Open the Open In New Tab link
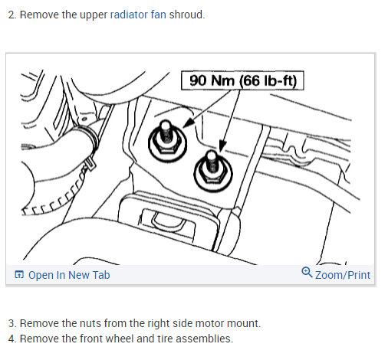coord(68,275)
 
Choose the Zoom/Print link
coord(342,275)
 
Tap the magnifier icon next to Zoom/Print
coord(307,273)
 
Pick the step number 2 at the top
coord(11,15)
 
